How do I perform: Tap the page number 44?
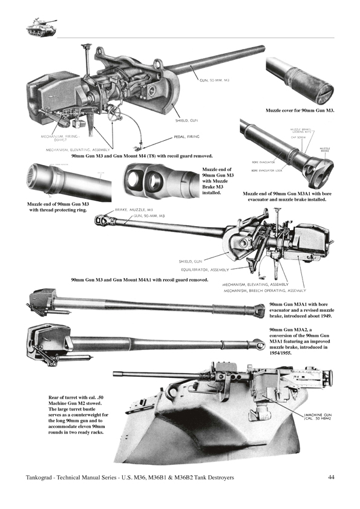pyautogui.click(x=332, y=478)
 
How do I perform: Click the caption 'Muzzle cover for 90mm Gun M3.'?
pyautogui.click(x=300, y=111)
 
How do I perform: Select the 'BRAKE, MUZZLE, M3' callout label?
pyautogui.click(x=134, y=210)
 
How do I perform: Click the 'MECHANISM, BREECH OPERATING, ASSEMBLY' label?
pyautogui.click(x=262, y=290)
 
